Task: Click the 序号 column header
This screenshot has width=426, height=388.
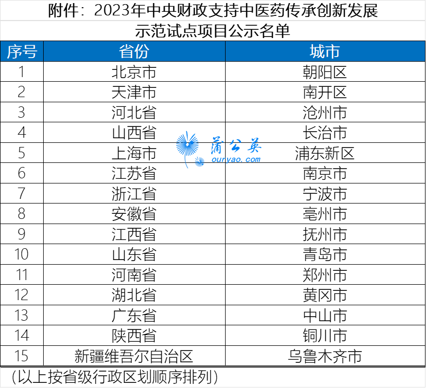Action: (x=22, y=51)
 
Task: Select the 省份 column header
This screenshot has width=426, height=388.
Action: (x=134, y=51)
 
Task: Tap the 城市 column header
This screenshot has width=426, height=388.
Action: (x=325, y=51)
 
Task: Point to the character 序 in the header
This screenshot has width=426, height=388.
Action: (x=14, y=51)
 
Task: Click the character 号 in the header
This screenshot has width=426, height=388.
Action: (x=29, y=51)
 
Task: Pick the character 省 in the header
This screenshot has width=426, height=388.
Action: (x=126, y=51)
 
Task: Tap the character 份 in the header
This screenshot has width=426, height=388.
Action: (x=142, y=51)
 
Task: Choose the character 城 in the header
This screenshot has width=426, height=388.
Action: (x=317, y=51)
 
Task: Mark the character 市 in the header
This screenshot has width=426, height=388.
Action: (x=332, y=51)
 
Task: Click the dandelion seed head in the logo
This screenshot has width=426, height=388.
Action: (x=187, y=144)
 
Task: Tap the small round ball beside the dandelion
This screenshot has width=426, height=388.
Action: (x=199, y=162)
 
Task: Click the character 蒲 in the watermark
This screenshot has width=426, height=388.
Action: (x=216, y=146)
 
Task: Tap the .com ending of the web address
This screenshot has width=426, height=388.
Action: (x=251, y=160)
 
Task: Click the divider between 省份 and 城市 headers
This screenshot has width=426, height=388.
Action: (x=225, y=51)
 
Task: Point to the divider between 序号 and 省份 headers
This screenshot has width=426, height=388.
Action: (x=43, y=51)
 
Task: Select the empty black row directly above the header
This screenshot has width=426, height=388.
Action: (x=213, y=31)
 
